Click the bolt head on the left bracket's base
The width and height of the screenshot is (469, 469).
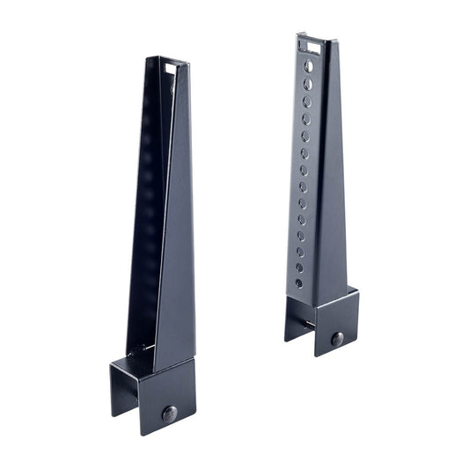pyautogui.click(x=169, y=413)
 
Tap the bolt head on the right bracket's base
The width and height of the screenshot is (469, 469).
pyautogui.click(x=337, y=339)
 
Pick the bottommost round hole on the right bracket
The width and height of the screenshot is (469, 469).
pyautogui.click(x=298, y=283)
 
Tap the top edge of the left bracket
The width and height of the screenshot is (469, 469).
pyautogui.click(x=167, y=59)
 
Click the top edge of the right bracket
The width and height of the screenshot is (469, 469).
pyautogui.click(x=312, y=37)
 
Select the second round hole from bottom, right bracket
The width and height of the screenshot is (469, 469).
pyautogui.click(x=299, y=267)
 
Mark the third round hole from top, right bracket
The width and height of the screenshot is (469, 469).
pyautogui.click(x=306, y=101)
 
